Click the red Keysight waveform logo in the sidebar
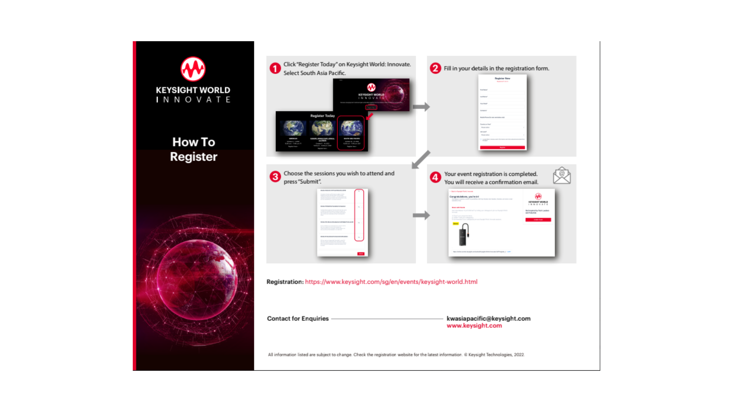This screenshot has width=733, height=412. pyautogui.click(x=193, y=69)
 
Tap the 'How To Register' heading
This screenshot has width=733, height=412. pyautogui.click(x=194, y=149)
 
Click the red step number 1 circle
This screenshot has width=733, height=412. pyautogui.click(x=275, y=68)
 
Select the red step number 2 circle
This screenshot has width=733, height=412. pyautogui.click(x=435, y=68)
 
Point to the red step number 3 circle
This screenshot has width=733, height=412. pyautogui.click(x=275, y=177)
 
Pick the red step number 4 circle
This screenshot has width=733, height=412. pyautogui.click(x=435, y=177)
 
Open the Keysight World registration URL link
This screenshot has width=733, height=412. pyautogui.click(x=391, y=282)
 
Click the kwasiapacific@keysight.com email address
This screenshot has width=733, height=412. pyautogui.click(x=488, y=319)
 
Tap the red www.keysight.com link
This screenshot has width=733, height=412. pyautogui.click(x=474, y=326)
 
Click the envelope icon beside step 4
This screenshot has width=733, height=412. pyautogui.click(x=562, y=175)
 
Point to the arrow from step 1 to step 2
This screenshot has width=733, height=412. pyautogui.click(x=421, y=107)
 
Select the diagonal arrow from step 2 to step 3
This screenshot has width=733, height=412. pyautogui.click(x=421, y=159)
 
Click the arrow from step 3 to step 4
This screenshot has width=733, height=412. pyautogui.click(x=421, y=215)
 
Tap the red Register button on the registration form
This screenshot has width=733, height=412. pyautogui.click(x=502, y=148)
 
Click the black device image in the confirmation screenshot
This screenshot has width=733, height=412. pyautogui.click(x=463, y=235)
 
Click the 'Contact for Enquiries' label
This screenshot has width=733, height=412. pyautogui.click(x=298, y=319)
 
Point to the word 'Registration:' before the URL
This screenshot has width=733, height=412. pyautogui.click(x=285, y=282)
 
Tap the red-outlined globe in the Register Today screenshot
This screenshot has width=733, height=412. pyautogui.click(x=351, y=129)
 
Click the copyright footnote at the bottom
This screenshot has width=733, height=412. pyautogui.click(x=396, y=355)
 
